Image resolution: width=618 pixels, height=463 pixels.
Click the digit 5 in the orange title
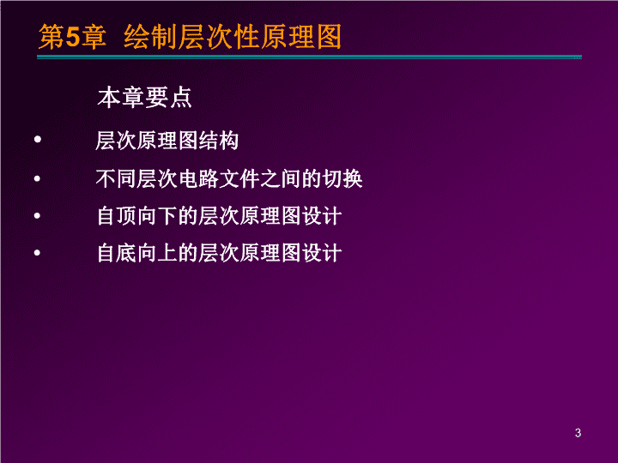coord(72,38)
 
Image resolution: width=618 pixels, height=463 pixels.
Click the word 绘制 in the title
coord(150,37)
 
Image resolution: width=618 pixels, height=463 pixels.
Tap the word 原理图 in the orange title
coord(300,37)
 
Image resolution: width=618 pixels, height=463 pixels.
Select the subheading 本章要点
coord(145,98)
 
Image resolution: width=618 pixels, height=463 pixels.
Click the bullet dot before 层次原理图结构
coord(38,139)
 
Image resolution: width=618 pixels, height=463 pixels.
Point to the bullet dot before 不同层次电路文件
coord(38,178)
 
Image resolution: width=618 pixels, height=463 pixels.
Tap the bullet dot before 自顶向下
coord(38,215)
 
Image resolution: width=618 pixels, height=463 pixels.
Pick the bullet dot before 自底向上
coord(38,252)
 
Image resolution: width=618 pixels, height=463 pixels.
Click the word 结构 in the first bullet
coord(218,141)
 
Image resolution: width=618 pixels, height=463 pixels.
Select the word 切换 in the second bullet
coord(342,178)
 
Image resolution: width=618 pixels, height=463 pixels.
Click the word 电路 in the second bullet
coord(198,178)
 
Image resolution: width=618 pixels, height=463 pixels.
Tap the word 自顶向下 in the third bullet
coord(136,216)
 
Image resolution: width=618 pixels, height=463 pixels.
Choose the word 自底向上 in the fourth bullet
coord(136,253)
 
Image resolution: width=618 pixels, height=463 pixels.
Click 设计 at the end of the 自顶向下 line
coord(322,216)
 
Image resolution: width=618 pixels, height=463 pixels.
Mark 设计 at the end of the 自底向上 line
coord(322,253)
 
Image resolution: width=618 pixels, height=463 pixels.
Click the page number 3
coord(578,433)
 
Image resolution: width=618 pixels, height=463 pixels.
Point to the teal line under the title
coord(309,57)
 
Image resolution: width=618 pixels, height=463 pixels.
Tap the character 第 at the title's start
coord(51,38)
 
